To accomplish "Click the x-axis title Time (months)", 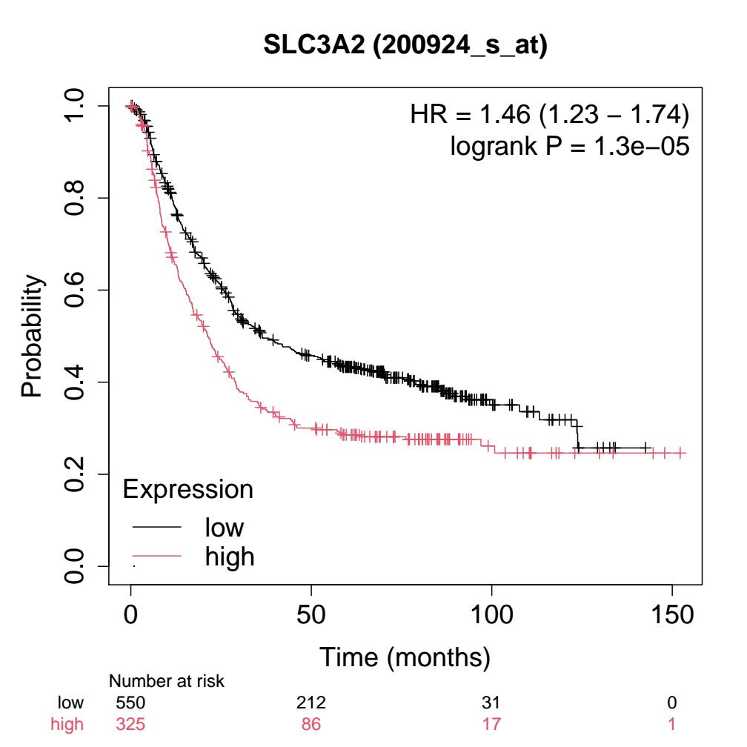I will click(x=405, y=657).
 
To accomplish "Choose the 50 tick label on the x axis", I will click(x=311, y=616).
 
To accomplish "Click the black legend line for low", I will click(x=156, y=527).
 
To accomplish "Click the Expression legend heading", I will click(x=187, y=489).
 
